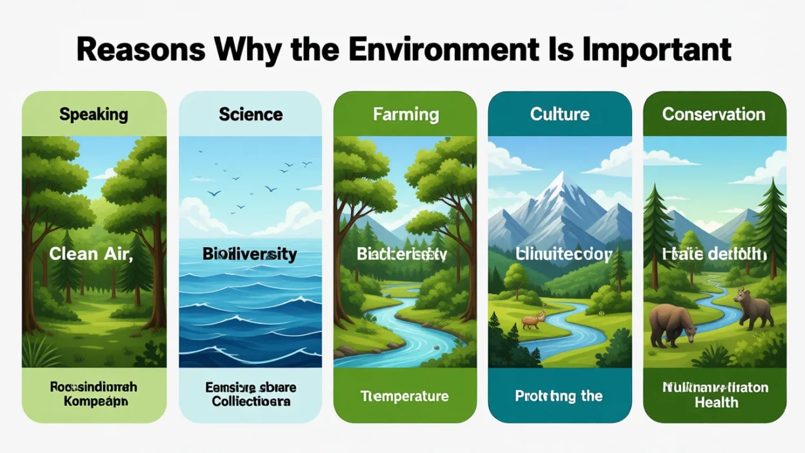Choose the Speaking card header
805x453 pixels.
[x=94, y=115]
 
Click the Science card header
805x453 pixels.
[x=250, y=115]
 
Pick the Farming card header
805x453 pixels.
[x=406, y=115]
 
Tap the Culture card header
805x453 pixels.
[x=559, y=115]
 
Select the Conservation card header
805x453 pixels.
[x=713, y=115]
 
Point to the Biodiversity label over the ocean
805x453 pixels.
[x=250, y=254]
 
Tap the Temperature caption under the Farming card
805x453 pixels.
[x=404, y=396]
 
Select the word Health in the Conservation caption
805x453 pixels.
[x=716, y=403]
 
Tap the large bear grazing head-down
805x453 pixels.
[x=672, y=324]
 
